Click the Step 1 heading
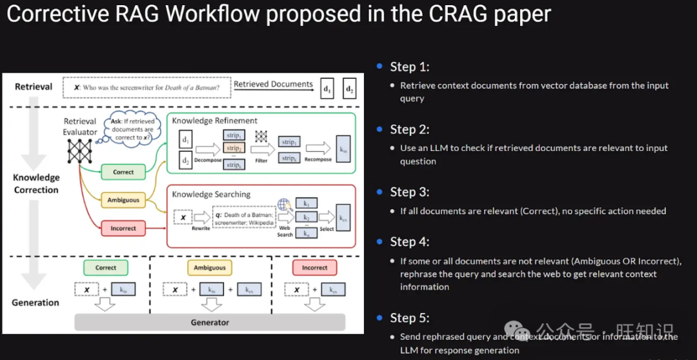pos(409,66)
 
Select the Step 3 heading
pos(409,192)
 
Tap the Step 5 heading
pos(409,317)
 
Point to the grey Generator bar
pos(210,322)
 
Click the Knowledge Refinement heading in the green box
pos(214,121)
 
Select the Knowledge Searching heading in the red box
pos(211,194)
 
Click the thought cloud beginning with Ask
pos(133,128)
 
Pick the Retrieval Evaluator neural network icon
pos(80,150)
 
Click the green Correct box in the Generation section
pos(106,268)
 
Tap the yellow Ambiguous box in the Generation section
pos(210,268)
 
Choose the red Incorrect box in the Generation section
pos(314,268)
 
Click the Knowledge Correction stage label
pos(36,184)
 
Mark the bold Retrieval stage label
pos(34,86)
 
